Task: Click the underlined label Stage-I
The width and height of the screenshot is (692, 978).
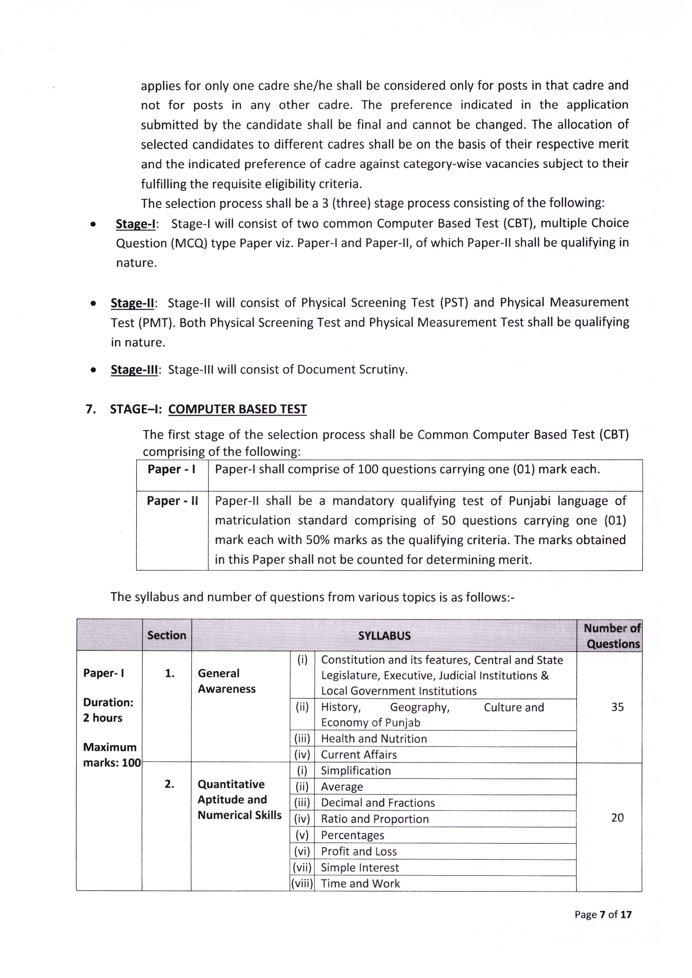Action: [135, 224]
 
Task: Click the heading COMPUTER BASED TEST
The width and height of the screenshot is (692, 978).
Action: [237, 409]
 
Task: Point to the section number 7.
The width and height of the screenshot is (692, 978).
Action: [91, 409]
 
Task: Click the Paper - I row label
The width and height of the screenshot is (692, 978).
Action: [171, 469]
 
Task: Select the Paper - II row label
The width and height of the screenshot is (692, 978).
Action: [172, 501]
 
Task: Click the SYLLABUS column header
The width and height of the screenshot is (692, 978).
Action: [384, 635]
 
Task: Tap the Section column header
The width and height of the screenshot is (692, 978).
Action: [167, 635]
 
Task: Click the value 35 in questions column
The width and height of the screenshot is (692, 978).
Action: [617, 707]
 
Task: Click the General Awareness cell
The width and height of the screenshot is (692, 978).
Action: [226, 681]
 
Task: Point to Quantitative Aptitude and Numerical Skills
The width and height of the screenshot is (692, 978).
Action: [239, 800]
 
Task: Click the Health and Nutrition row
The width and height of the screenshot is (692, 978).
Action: [374, 739]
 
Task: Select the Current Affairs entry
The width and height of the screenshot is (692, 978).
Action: [358, 755]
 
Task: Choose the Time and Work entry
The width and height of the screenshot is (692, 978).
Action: [360, 884]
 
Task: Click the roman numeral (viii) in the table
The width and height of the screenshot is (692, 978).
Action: [302, 884]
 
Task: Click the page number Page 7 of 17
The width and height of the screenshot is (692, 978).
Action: [602, 915]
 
